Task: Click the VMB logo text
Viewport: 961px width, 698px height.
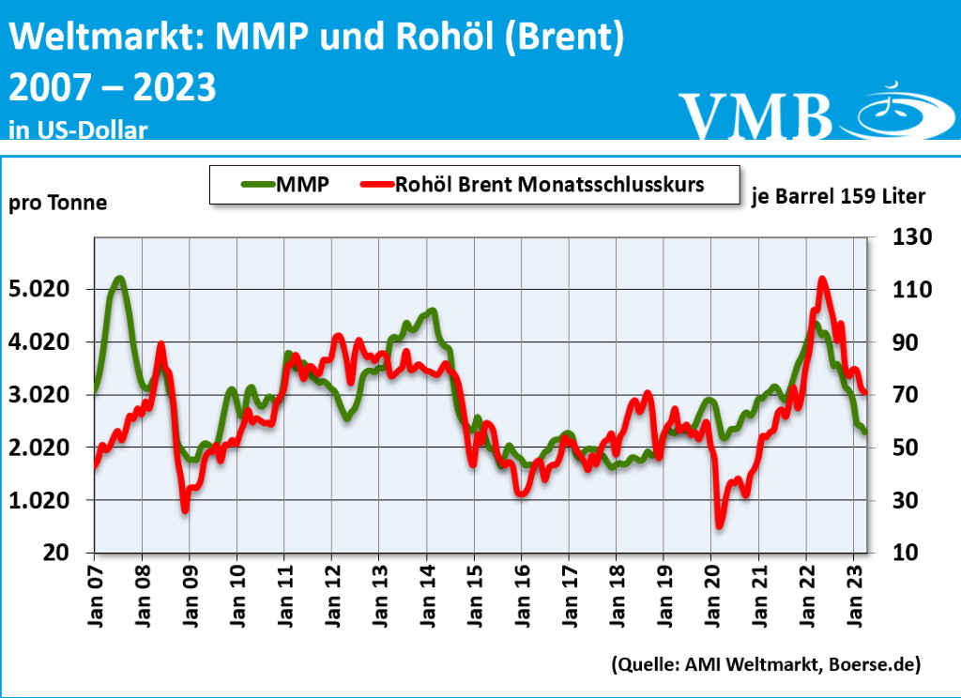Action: click(x=755, y=114)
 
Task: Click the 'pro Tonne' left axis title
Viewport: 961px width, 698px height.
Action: click(x=58, y=203)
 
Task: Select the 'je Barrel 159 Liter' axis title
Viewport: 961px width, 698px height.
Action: click(x=839, y=197)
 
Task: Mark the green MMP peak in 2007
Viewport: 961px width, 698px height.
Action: click(x=119, y=278)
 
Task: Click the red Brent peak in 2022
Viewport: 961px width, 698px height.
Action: click(x=822, y=279)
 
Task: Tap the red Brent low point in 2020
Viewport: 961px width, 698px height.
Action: click(x=720, y=524)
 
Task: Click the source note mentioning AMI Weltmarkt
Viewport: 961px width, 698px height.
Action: click(x=765, y=664)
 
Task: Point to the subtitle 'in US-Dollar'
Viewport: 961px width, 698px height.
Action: click(x=78, y=129)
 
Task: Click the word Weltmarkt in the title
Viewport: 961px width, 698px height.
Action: click(x=106, y=38)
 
